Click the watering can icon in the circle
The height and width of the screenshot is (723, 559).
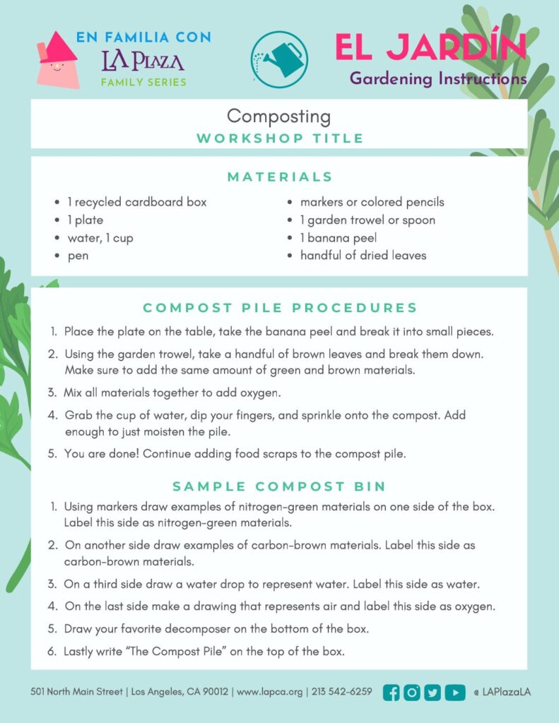(279, 59)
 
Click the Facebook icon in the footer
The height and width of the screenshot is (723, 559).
(391, 693)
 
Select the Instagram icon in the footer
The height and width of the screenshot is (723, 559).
(412, 693)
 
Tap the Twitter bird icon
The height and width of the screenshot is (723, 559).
(433, 693)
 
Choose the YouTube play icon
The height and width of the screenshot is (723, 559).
(455, 693)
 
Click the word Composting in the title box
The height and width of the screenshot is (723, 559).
(278, 116)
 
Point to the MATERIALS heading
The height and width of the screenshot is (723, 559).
(280, 177)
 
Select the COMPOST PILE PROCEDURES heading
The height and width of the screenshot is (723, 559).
(280, 308)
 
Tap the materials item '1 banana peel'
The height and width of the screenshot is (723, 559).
(338, 238)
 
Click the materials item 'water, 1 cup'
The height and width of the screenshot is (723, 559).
(100, 238)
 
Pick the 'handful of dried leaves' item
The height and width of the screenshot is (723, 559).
(363, 256)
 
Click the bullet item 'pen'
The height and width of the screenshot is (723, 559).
(78, 256)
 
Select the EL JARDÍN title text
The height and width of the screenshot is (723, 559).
(430, 47)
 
